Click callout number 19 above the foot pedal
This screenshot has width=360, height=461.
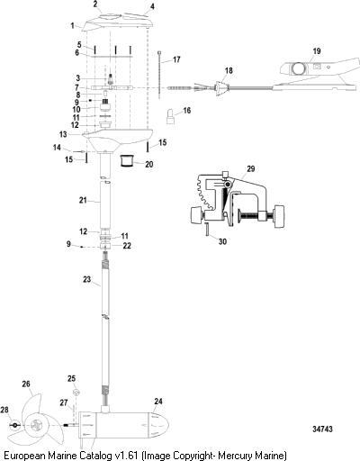[317, 51]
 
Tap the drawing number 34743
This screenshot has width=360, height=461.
[322, 429]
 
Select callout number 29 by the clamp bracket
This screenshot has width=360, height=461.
[251, 168]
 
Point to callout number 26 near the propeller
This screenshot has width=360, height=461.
[26, 384]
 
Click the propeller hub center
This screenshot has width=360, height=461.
[36, 425]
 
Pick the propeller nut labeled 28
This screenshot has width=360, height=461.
[14, 425]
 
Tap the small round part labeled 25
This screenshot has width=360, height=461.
[76, 392]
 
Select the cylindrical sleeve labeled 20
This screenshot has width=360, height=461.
[126, 161]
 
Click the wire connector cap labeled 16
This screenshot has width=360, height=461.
[171, 116]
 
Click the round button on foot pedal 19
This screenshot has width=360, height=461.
[298, 68]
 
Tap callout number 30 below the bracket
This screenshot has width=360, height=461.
[222, 241]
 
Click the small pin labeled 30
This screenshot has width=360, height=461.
[207, 230]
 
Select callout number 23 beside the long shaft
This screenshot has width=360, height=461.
[86, 279]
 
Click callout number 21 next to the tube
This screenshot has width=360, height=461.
[83, 200]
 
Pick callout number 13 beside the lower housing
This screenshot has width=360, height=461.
[63, 134]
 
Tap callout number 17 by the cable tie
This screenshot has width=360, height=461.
[176, 59]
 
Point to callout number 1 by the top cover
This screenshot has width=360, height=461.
[72, 26]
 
